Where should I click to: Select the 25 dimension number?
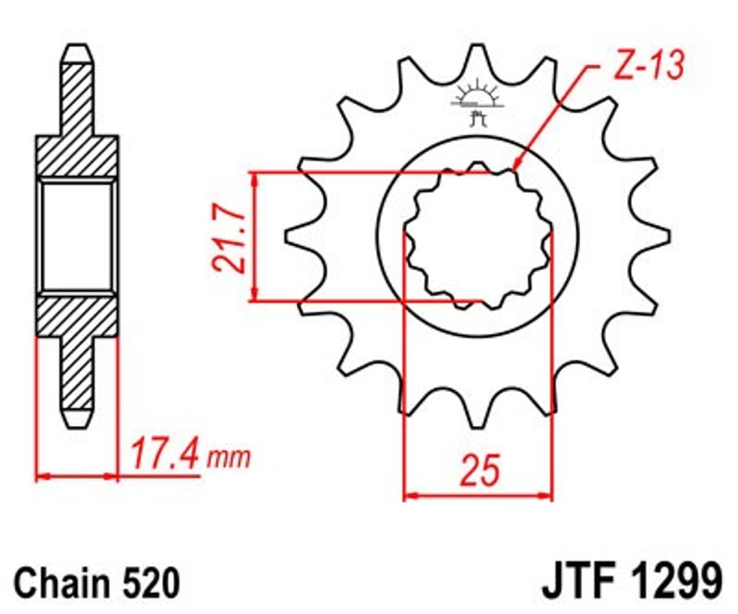click(x=479, y=470)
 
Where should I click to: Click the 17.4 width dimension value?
click(x=166, y=455)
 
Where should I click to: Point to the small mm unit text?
click(x=229, y=458)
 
